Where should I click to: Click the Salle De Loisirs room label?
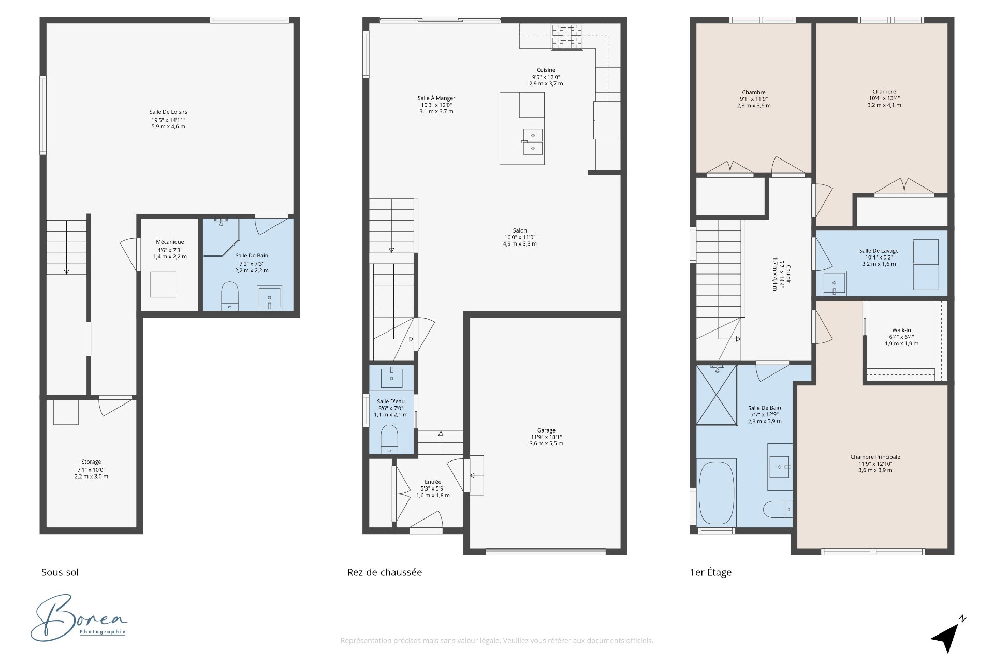(168, 112)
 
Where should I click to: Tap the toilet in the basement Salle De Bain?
(229, 296)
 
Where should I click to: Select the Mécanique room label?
(170, 242)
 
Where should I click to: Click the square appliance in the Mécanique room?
(163, 284)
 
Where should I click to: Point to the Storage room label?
(91, 462)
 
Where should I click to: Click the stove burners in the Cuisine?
(567, 37)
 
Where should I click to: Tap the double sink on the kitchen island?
(533, 142)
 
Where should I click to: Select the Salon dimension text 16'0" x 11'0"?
(520, 237)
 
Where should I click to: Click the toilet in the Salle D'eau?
(389, 439)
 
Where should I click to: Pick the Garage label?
(546, 430)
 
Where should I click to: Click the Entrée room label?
(433, 482)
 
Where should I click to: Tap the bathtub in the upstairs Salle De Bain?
(717, 492)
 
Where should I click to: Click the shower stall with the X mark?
(717, 395)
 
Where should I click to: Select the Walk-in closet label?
(901, 330)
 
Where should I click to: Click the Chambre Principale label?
(875, 457)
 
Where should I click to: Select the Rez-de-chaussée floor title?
(384, 572)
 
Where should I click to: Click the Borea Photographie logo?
(79, 618)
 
